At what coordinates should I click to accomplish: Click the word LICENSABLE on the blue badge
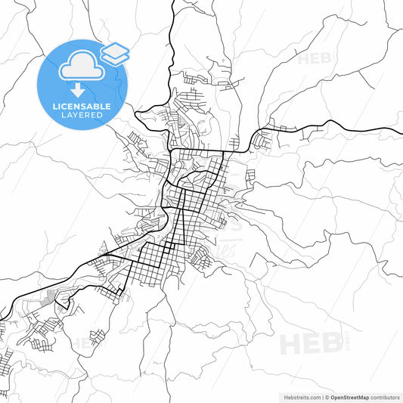(82, 105)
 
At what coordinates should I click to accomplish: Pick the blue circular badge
(82, 85)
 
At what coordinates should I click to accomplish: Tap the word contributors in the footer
(385, 396)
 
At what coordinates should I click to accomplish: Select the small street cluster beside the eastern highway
(265, 138)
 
